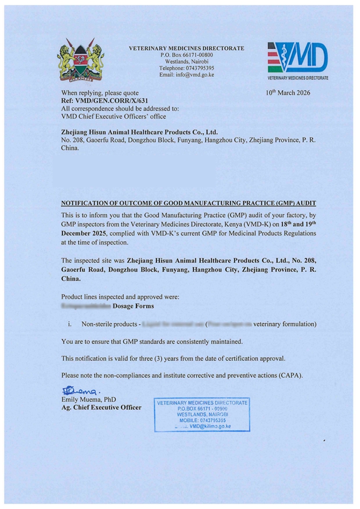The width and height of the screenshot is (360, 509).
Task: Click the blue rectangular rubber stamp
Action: [201, 415]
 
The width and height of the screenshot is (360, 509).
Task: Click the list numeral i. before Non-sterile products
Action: [69, 324]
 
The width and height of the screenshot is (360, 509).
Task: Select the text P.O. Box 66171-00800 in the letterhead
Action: [186, 55]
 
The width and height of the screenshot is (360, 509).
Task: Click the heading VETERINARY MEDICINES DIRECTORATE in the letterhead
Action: [186, 49]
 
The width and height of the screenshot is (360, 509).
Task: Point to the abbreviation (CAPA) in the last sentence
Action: [290, 375]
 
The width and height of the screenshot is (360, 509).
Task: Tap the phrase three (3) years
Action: [159, 358]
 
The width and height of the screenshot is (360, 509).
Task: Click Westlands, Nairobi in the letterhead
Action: [186, 61]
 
